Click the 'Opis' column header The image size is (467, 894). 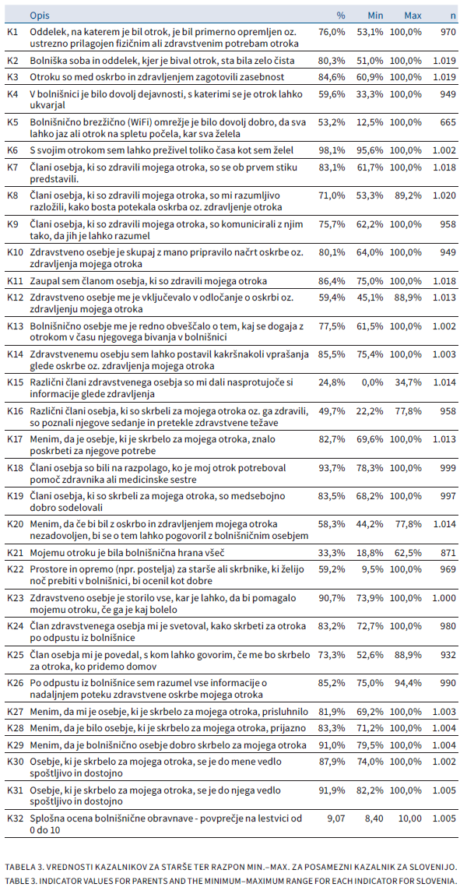coord(40,15)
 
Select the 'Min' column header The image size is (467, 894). coord(375,15)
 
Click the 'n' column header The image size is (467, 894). coord(453,15)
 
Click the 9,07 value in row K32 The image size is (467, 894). coord(335,818)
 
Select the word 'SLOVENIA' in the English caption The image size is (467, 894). coord(437,880)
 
